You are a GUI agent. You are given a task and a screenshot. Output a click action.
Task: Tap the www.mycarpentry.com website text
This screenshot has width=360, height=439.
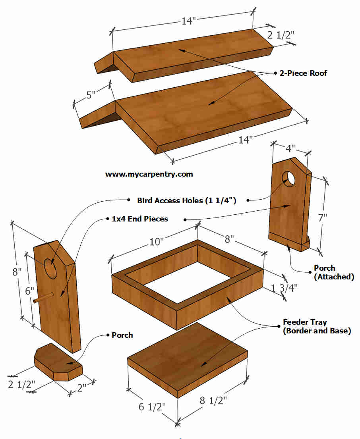[x=149, y=174]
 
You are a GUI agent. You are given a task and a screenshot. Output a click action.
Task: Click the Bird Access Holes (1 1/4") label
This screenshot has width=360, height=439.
[x=187, y=200]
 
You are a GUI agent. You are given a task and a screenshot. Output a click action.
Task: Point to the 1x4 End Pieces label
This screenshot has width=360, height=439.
[x=140, y=219]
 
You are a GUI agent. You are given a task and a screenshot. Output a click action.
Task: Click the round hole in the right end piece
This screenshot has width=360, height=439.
[x=290, y=179]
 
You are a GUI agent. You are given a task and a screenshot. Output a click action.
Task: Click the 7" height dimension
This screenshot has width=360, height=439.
[x=323, y=217]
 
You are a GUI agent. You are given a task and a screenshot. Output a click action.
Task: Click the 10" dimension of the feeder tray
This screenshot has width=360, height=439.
[x=157, y=241]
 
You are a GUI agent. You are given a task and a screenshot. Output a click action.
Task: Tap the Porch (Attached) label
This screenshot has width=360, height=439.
[x=333, y=272]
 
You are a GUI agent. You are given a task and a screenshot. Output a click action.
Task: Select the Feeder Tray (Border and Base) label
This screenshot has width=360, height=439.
[x=316, y=326]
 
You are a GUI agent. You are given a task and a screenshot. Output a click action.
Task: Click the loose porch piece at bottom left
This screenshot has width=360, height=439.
[x=58, y=361]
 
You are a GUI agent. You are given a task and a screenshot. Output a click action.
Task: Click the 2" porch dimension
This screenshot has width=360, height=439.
[x=81, y=387]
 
